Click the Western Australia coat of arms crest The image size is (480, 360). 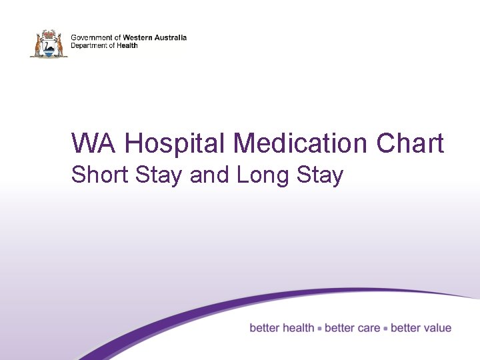point(49,43)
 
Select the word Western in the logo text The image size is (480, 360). point(138,38)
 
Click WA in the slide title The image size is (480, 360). point(93,143)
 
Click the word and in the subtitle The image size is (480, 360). point(210,175)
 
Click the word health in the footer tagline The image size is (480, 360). point(298,328)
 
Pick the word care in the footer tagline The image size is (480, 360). point(368,328)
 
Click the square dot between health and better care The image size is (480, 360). point(320,329)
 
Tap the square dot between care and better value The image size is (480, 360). point(386,329)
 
